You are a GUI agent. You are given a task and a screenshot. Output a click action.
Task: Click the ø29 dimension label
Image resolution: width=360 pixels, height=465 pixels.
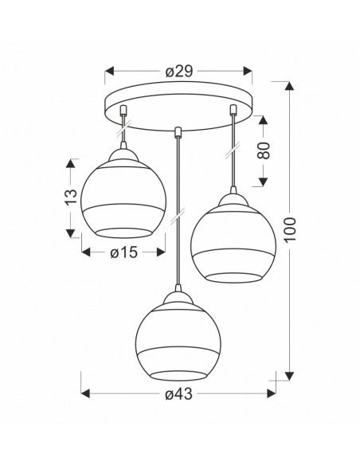pos(179,71)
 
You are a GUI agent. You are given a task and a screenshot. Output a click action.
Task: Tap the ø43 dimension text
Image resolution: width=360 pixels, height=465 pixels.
pos(178,394)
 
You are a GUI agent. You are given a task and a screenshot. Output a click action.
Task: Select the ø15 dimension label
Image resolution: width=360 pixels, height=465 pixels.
pos(123,252)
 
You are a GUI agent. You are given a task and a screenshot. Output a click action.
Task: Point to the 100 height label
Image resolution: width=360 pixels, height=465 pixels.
pos(291,229)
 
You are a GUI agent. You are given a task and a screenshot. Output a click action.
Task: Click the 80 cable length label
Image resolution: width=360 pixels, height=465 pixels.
pos(264,150)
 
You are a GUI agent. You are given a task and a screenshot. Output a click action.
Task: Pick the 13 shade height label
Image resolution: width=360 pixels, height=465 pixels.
pos(71,197)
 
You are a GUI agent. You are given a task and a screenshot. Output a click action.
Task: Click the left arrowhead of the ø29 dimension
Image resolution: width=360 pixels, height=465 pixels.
pos(109,71)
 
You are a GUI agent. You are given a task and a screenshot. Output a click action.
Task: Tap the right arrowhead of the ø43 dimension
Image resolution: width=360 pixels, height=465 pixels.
pos(272,393)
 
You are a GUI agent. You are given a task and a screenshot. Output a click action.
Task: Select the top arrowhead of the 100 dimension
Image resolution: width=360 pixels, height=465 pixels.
pos(289,86)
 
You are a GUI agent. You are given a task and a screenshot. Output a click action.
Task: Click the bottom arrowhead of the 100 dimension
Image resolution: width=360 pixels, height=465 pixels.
pos(289,376)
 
